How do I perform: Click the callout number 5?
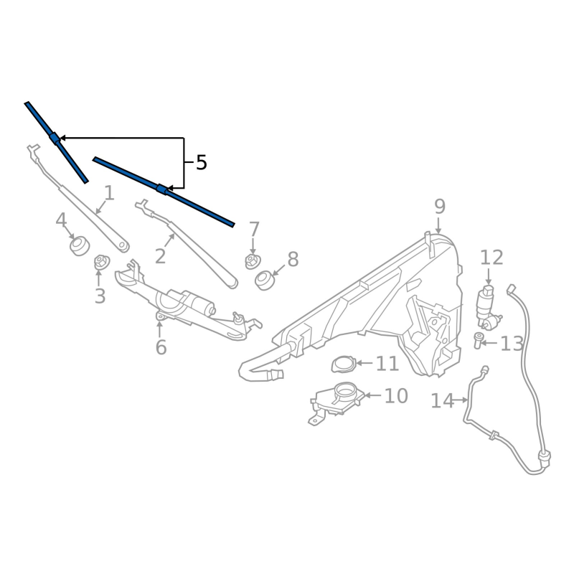click(x=202, y=163)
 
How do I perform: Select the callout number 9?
click(x=440, y=207)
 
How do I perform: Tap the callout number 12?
click(x=492, y=258)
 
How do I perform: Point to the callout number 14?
click(x=443, y=400)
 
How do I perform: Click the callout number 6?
click(x=161, y=347)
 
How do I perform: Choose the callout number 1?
click(x=109, y=193)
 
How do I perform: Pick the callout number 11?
click(x=387, y=364)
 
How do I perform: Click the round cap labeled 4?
click(x=79, y=246)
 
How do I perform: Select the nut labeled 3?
click(x=100, y=263)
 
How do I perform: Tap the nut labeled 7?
click(x=252, y=260)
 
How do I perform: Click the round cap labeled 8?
click(x=265, y=278)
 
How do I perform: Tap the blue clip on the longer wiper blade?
click(x=162, y=189)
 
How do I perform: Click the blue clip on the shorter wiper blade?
click(x=54, y=138)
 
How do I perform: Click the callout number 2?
click(x=160, y=256)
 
